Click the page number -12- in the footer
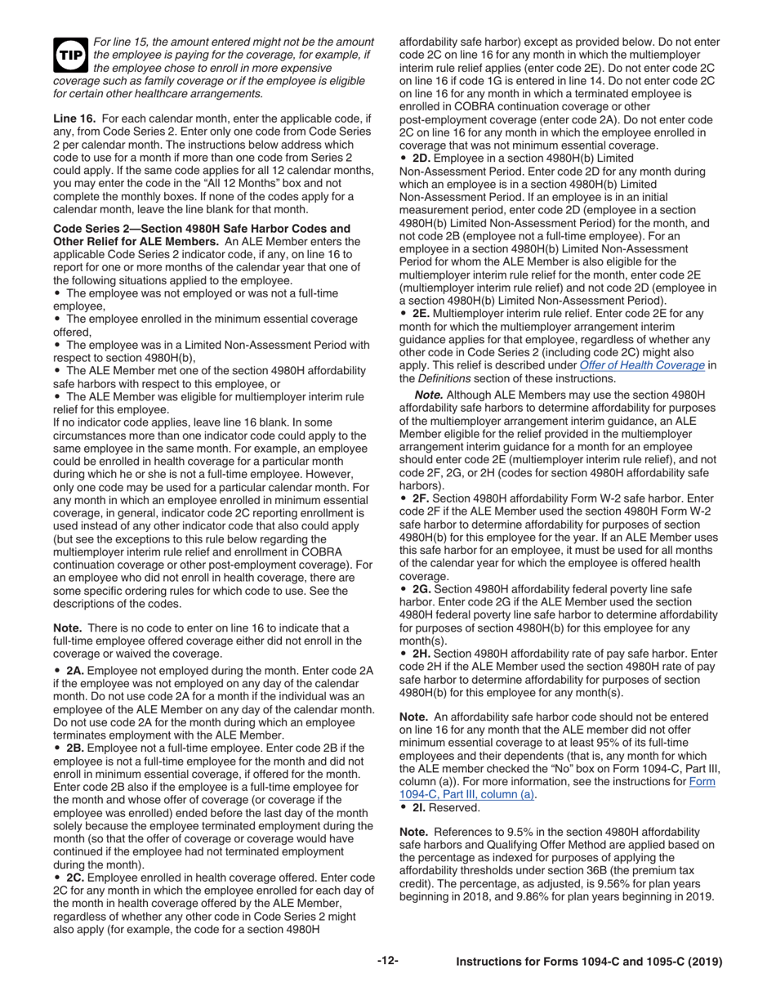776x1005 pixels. pos(387,961)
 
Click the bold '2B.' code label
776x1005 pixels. pos(75,748)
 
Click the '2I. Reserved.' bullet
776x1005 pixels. pos(446,807)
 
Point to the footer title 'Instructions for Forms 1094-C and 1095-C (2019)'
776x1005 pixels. pos(589,963)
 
